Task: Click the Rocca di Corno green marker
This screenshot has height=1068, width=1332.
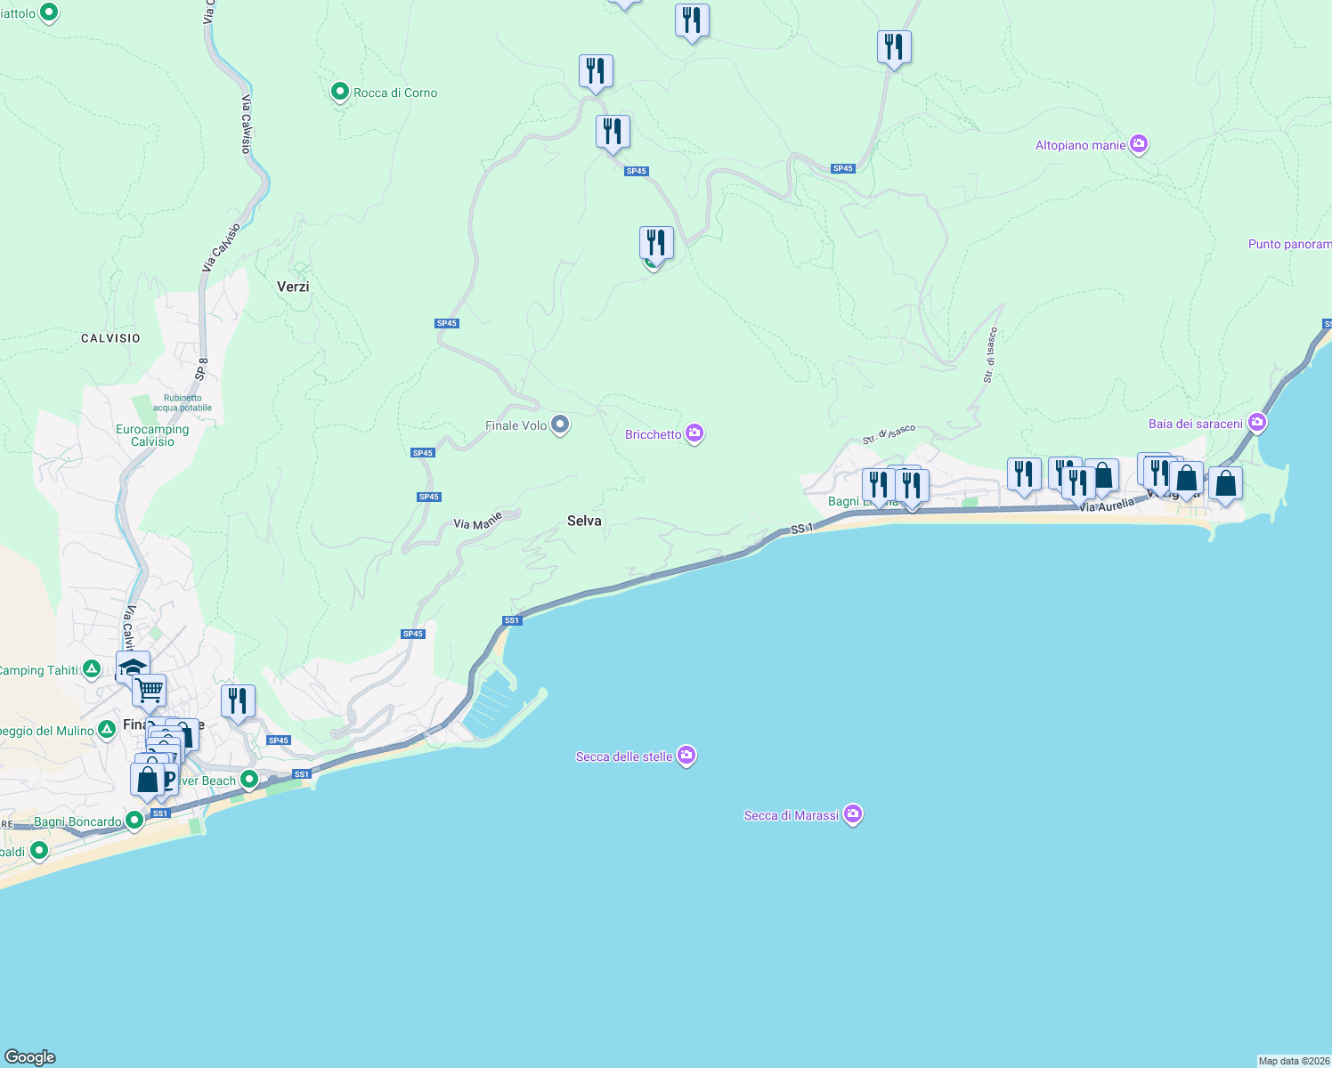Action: coord(339,92)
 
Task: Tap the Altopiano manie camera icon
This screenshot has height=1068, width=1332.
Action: coord(1138,144)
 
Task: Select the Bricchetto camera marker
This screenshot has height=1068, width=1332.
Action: coord(694,433)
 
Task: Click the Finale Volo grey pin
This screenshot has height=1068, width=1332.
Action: coord(560,425)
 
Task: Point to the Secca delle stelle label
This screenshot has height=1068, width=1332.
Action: coord(624,756)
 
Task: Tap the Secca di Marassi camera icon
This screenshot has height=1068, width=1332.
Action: coord(853,814)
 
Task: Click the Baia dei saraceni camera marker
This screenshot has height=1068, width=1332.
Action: coord(1256,423)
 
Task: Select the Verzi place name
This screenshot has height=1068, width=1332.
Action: coord(293,287)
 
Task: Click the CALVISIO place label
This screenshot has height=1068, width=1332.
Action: coord(110,338)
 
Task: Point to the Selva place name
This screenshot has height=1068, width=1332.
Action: coord(584,521)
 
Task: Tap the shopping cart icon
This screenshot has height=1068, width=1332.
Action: coord(149,689)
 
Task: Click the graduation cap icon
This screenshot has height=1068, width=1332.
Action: coord(133,667)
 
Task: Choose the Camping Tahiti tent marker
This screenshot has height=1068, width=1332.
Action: coord(91,669)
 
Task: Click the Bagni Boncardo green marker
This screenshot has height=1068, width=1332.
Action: coord(134,820)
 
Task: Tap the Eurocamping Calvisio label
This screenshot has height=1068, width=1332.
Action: coord(152,435)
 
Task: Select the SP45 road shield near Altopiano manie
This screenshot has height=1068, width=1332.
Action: coord(842,168)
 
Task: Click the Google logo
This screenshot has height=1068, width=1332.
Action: coord(30,1057)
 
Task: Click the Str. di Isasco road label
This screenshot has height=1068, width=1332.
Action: coord(990,355)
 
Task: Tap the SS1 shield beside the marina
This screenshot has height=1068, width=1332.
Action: coord(511,620)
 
